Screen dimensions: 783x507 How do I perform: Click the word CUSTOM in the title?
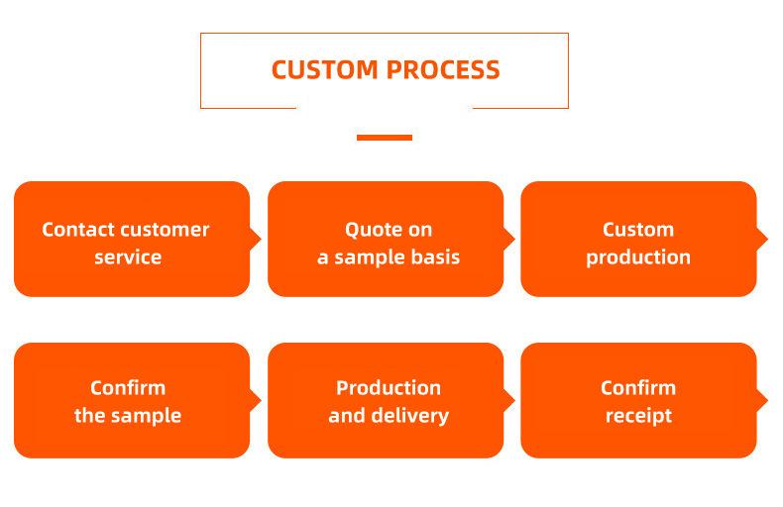[324, 70]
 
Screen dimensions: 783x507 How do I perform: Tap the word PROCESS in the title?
[443, 70]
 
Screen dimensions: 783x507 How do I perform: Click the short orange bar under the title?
[385, 138]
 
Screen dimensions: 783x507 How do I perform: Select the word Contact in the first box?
[78, 230]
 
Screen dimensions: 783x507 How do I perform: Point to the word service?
[128, 257]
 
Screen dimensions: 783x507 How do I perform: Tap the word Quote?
[367, 230]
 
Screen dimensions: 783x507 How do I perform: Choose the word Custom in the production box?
[638, 230]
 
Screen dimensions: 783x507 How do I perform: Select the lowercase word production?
[638, 257]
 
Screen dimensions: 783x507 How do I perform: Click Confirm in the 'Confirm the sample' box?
[128, 388]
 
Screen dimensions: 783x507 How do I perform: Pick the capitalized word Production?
[389, 388]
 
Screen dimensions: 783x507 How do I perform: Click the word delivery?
[409, 416]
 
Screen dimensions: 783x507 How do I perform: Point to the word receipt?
[638, 416]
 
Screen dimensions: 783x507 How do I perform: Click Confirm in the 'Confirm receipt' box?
[638, 388]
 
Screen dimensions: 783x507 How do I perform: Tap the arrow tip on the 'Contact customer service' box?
[261, 239]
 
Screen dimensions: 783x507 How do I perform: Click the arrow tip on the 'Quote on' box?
[514, 239]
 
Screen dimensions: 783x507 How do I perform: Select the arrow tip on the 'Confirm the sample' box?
[261, 400]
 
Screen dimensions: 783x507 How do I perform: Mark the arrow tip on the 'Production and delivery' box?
[514, 400]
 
